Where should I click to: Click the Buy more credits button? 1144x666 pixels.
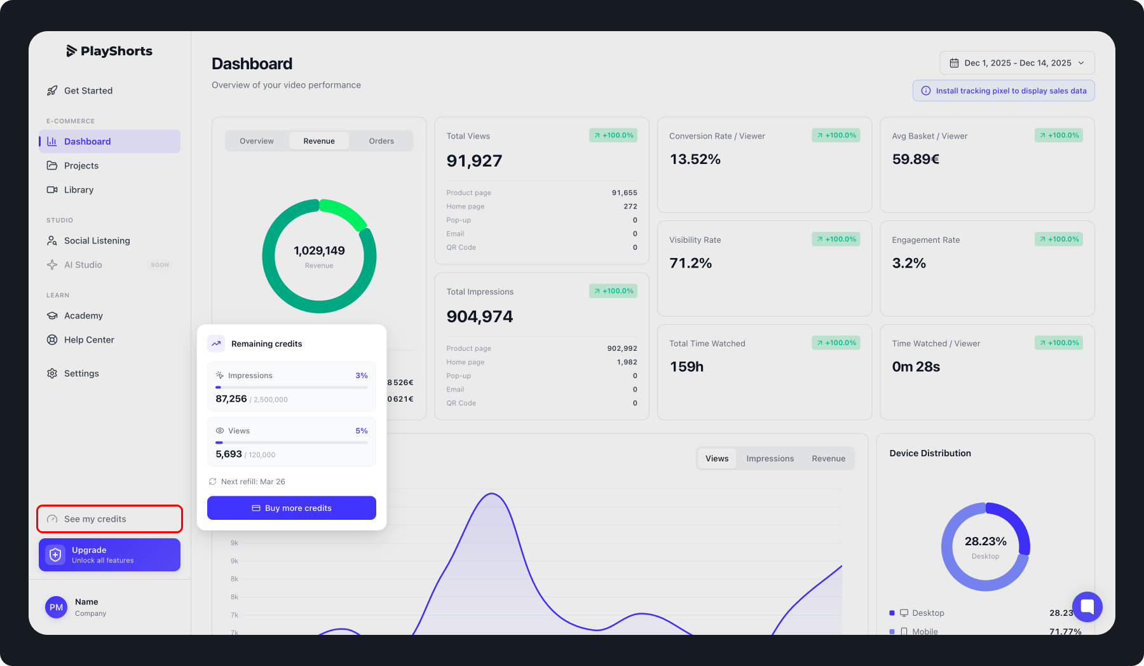point(292,508)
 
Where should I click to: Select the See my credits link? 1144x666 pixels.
point(95,519)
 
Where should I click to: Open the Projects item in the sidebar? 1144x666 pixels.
point(81,166)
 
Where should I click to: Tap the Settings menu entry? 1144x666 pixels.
point(81,374)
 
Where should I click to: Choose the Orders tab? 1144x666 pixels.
point(381,141)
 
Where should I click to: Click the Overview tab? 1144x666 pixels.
point(257,141)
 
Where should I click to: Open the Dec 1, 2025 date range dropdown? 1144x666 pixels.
point(1017,63)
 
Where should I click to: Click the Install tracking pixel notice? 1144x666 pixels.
point(1004,91)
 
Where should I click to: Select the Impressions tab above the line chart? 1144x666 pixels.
point(770,458)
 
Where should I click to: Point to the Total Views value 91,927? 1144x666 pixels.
point(474,161)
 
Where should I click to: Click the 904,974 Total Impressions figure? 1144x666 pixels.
point(480,316)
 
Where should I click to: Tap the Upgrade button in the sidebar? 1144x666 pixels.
point(109,555)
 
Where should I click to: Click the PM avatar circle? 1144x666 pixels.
point(57,607)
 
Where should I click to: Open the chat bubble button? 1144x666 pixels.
point(1087,606)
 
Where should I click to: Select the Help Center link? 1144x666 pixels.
point(89,340)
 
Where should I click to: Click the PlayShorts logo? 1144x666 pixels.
point(109,51)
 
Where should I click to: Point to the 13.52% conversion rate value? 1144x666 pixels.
point(695,160)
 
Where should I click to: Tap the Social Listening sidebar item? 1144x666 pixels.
point(97,241)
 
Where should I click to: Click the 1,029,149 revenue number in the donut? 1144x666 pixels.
point(319,251)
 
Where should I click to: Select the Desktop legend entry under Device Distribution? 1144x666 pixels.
point(927,613)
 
